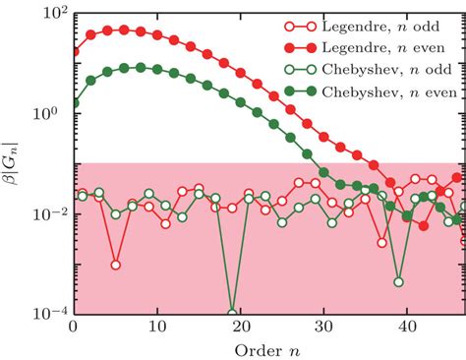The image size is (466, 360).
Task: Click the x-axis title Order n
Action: (267, 349)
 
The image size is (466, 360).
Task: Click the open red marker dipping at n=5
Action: (115, 265)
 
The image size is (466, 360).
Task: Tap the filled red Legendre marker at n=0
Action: (75, 51)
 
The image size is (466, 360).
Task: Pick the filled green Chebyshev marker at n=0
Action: (75, 101)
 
